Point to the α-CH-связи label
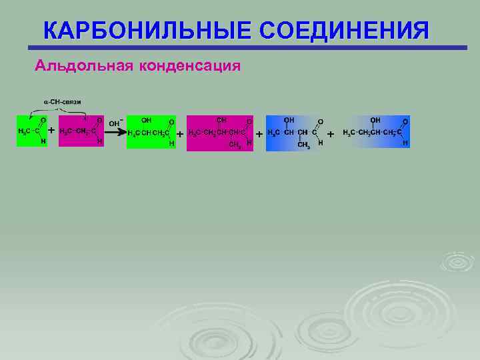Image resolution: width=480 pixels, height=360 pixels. (63, 101)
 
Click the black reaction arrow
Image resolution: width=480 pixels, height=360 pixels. (116, 131)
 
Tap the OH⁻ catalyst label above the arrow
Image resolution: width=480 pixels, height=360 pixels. (115, 123)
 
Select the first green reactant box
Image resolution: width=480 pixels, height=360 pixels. (32, 131)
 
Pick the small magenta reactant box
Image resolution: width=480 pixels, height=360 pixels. (81, 131)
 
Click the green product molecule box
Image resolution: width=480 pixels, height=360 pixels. (151, 131)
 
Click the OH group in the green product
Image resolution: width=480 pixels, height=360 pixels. (146, 121)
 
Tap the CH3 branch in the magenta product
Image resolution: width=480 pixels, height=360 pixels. (234, 144)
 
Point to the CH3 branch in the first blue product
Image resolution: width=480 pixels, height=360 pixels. (303, 145)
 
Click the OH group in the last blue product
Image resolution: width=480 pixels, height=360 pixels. (375, 120)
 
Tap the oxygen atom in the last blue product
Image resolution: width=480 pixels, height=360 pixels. (405, 121)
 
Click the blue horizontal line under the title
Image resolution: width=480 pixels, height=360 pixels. (247, 48)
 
